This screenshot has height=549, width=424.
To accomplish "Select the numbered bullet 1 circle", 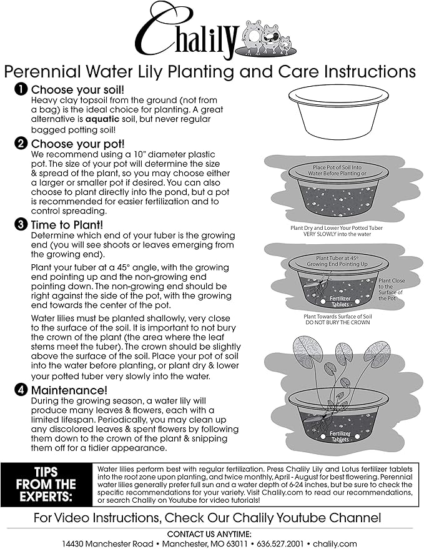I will tap(21, 90).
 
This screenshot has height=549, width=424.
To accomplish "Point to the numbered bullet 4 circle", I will tap(21, 390).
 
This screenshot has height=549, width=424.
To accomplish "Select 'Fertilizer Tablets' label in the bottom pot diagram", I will tap(340, 436).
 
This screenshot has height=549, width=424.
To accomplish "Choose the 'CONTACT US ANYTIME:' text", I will tap(210, 533).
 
